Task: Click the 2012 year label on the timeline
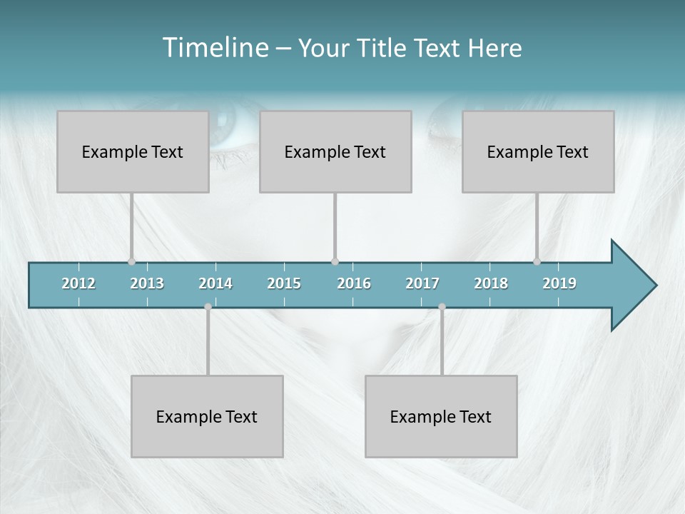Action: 78,283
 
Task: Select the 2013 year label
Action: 147,283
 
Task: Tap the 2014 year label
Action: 215,283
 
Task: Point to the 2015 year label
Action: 284,283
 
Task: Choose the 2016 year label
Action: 354,283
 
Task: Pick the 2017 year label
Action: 422,283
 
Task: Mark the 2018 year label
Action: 491,283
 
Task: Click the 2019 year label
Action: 559,283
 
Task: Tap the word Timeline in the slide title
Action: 214,48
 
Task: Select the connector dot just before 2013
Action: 131,262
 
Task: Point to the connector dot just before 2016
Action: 335,262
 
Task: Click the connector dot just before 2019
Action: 537,262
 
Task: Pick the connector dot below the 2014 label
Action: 208,307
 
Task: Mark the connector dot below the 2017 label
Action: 442,307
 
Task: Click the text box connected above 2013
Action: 133,151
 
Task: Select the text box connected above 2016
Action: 335,151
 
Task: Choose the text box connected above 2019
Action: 538,151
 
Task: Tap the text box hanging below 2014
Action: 207,416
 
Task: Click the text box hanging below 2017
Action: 441,416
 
